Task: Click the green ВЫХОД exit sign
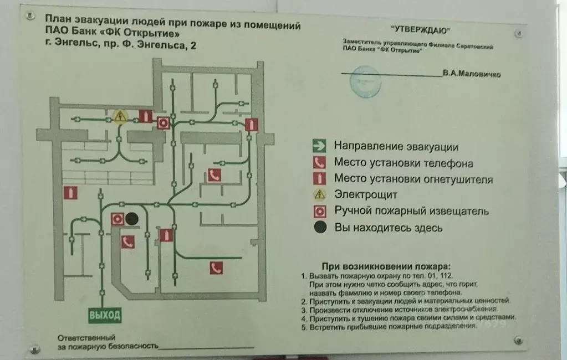coord(104,316)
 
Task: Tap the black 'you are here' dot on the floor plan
coord(131,219)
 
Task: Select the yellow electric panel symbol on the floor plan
coord(120,116)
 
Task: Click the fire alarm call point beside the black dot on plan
coord(117,219)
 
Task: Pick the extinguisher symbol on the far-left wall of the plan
coord(70,193)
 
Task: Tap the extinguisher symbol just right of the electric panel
coord(145,116)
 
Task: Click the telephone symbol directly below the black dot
coord(128,241)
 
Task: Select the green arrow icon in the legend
coord(318,147)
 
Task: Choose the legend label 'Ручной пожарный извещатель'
coord(411,211)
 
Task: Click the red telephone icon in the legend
coord(319,163)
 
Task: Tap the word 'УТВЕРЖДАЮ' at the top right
coord(421,30)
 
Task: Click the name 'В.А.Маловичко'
coord(472,74)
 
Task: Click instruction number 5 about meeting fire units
coord(388,327)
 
